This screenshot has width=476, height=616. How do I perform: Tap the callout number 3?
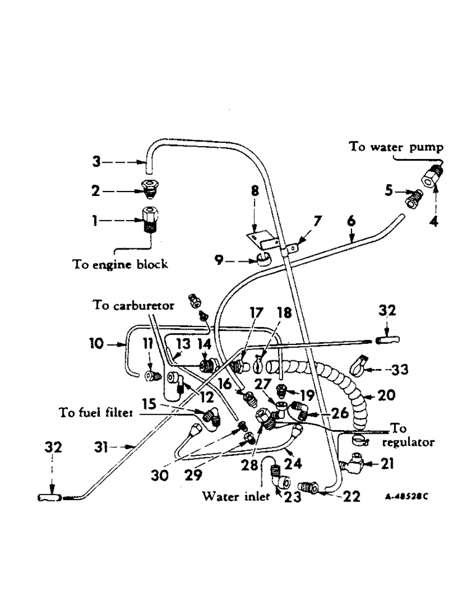tap(95, 162)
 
